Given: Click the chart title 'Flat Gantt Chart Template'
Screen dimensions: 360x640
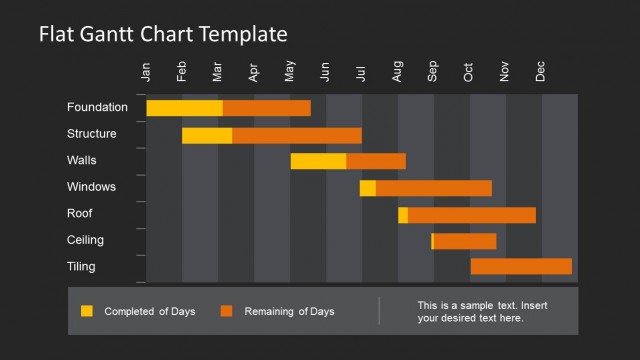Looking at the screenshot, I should pos(163,34).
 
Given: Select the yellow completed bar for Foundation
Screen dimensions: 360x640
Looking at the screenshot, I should pos(184,108).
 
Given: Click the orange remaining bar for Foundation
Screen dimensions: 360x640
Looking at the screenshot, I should pos(266,108).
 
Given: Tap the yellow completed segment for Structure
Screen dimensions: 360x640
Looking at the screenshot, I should pos(207,135).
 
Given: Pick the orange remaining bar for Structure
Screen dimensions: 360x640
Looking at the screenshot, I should pos(296,135).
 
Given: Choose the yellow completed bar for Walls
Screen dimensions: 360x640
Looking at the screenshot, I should pos(318,161).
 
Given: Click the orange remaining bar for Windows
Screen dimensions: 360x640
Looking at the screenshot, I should pos(433,188).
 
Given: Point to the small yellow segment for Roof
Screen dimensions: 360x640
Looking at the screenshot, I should pos(403,215).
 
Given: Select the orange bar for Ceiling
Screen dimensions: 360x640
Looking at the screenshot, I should pos(465,241).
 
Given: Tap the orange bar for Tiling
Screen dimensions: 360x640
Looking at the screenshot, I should pos(521,266).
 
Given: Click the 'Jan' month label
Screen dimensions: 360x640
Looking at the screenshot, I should pos(147,72).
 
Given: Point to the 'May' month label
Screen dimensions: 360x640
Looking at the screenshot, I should pos(290,72).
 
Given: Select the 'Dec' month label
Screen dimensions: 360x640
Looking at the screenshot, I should pos(541,72).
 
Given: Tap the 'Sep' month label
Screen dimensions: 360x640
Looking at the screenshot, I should pos(433,72).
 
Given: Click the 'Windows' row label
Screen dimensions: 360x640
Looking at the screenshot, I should pos(91,187).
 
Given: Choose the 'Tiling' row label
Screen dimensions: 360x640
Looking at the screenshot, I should pos(82,266).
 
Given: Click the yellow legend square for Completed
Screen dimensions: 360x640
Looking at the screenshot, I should pos(87,311).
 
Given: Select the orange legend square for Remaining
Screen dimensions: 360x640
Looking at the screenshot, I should pos(227,311).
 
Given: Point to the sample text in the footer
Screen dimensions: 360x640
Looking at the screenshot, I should pos(482,311).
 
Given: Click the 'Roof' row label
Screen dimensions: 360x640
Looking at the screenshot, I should pos(80,213).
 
